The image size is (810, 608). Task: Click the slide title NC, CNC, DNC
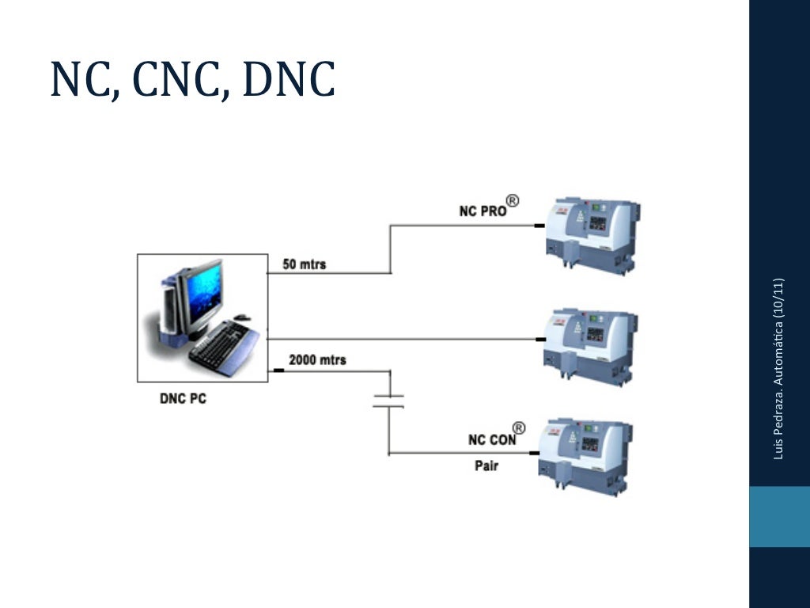192,80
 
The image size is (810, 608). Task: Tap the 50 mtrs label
304,264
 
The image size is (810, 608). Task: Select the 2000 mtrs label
317,359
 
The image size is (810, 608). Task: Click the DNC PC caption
183,399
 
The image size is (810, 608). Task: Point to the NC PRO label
483,211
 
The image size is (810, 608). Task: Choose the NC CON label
491,440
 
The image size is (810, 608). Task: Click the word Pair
486,465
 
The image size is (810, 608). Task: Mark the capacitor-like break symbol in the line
388,400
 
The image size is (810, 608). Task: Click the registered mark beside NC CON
519,428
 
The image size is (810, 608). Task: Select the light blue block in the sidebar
779,516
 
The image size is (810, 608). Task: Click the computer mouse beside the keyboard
242,317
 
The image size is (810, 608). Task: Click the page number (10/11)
779,298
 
